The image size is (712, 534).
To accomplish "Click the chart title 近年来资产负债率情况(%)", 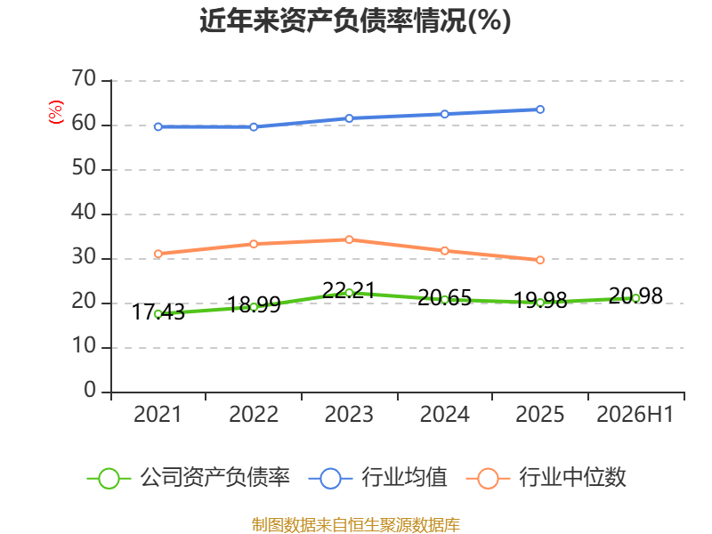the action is pyautogui.click(x=355, y=20).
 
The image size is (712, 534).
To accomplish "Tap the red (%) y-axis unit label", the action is pyautogui.click(x=55, y=112).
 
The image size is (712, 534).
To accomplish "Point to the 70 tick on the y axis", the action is pyautogui.click(x=84, y=78).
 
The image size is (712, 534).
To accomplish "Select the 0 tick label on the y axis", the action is pyautogui.click(x=90, y=390).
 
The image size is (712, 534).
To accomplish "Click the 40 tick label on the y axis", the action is pyautogui.click(x=84, y=212).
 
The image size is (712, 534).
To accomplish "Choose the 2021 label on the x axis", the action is pyautogui.click(x=158, y=414).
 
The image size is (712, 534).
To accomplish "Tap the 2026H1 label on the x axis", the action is pyautogui.click(x=635, y=414).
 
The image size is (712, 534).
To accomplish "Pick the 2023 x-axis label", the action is pyautogui.click(x=349, y=414).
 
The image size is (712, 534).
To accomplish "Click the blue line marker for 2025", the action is pyautogui.click(x=540, y=109).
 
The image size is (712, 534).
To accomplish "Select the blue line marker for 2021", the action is pyautogui.click(x=158, y=126).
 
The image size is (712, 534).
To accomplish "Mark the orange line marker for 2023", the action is pyautogui.click(x=349, y=239).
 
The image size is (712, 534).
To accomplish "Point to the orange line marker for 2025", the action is pyautogui.click(x=540, y=260).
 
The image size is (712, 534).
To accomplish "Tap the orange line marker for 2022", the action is pyautogui.click(x=254, y=244).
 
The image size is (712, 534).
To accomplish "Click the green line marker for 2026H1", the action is pyautogui.click(x=635, y=298).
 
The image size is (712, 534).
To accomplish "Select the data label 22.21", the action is pyautogui.click(x=349, y=290).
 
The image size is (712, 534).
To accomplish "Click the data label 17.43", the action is pyautogui.click(x=158, y=312).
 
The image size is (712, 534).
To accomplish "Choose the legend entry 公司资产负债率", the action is pyautogui.click(x=189, y=478).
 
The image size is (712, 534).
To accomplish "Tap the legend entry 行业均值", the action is pyautogui.click(x=377, y=478).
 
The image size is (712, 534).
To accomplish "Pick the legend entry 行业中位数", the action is pyautogui.click(x=546, y=478).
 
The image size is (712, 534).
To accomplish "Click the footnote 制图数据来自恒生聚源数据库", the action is pyautogui.click(x=355, y=525).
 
